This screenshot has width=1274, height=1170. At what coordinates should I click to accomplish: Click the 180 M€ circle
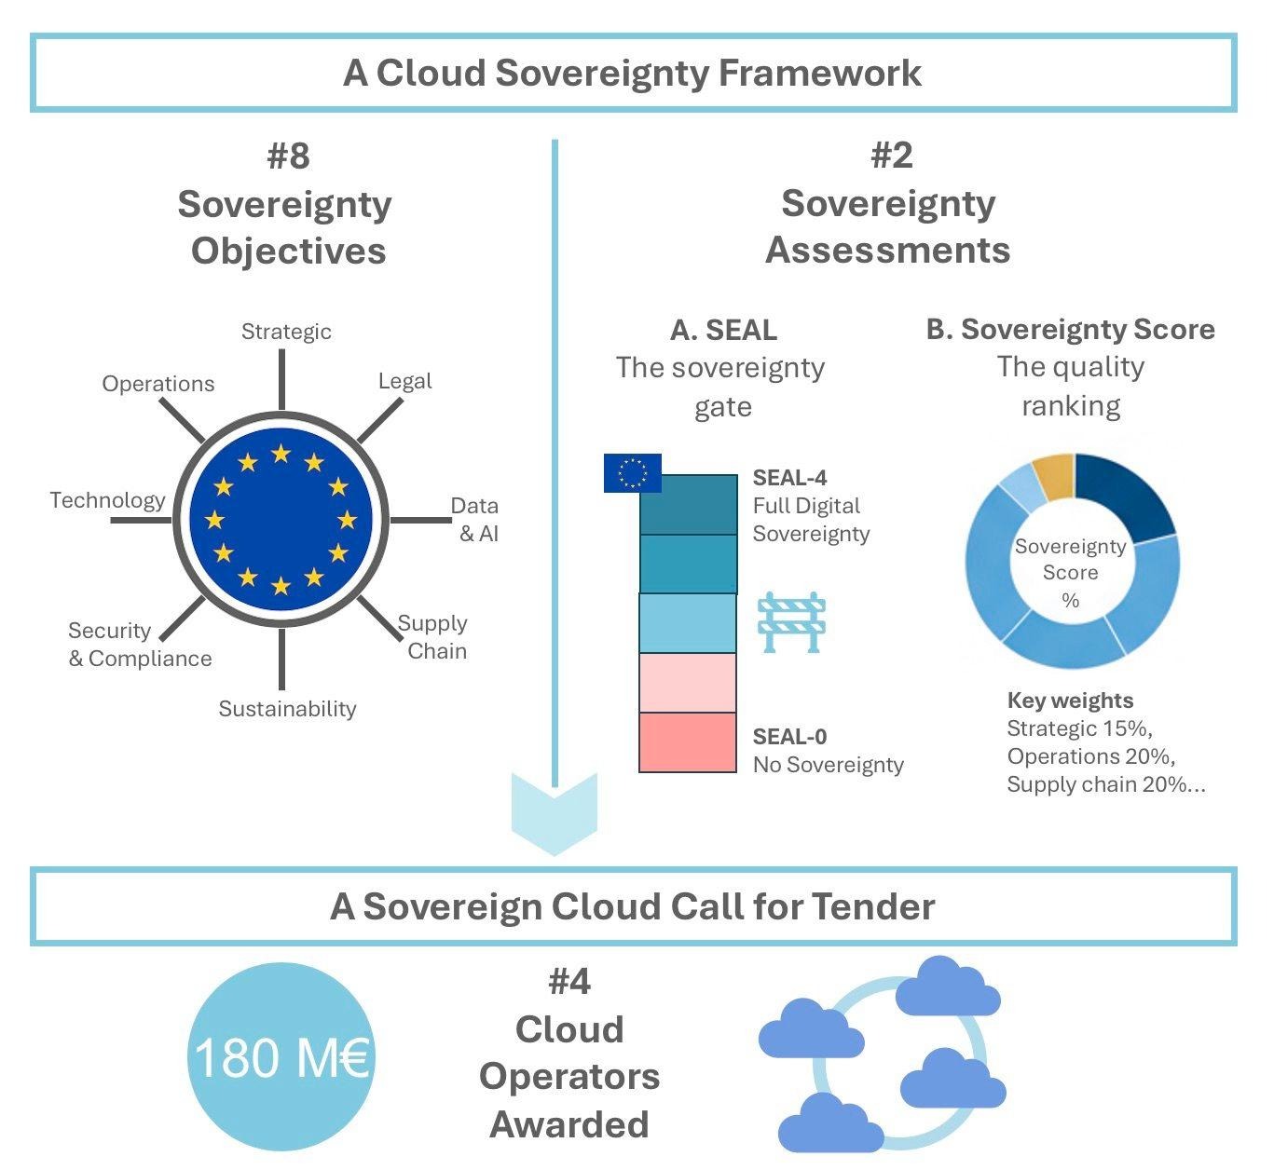pos(281,1056)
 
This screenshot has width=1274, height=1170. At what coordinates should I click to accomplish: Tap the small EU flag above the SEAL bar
pos(632,472)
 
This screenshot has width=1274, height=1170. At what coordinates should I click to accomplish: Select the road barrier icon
pos(792,621)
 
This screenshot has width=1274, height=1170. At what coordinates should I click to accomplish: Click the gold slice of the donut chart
pos(1054,477)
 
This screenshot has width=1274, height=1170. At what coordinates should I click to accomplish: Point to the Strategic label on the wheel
pos(286,332)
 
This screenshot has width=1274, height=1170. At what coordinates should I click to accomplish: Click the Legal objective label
pos(404,381)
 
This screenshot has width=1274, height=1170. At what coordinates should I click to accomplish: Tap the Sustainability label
pos(287,709)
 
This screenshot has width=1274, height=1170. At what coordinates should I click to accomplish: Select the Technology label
pos(107,500)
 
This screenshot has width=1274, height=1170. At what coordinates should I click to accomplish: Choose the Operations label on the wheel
pos(158,384)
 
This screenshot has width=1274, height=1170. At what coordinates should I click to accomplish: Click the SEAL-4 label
pos(789,478)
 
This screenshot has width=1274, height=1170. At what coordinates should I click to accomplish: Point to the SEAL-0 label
pos(789,737)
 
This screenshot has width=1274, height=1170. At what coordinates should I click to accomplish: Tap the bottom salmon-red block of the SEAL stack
pos(688,742)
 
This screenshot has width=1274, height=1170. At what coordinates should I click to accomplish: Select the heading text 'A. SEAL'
pos(723,330)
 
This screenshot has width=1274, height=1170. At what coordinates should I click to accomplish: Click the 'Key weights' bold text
pos(1070,701)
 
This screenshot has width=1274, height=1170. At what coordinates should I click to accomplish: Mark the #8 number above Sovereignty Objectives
pos(287,156)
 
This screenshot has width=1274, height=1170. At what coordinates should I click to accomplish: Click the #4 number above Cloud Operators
pos(569,982)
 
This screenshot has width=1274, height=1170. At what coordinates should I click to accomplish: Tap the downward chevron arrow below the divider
pos(555,815)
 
